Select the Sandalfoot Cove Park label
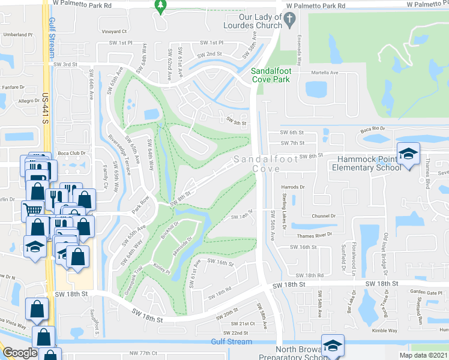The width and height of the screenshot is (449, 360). pos(270,75)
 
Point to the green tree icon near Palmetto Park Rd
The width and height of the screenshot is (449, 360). pos(160,6)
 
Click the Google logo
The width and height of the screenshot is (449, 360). pos(20,353)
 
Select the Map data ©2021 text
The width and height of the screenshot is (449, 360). pos(424,355)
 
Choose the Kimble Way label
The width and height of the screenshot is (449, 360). pos(384,331)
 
